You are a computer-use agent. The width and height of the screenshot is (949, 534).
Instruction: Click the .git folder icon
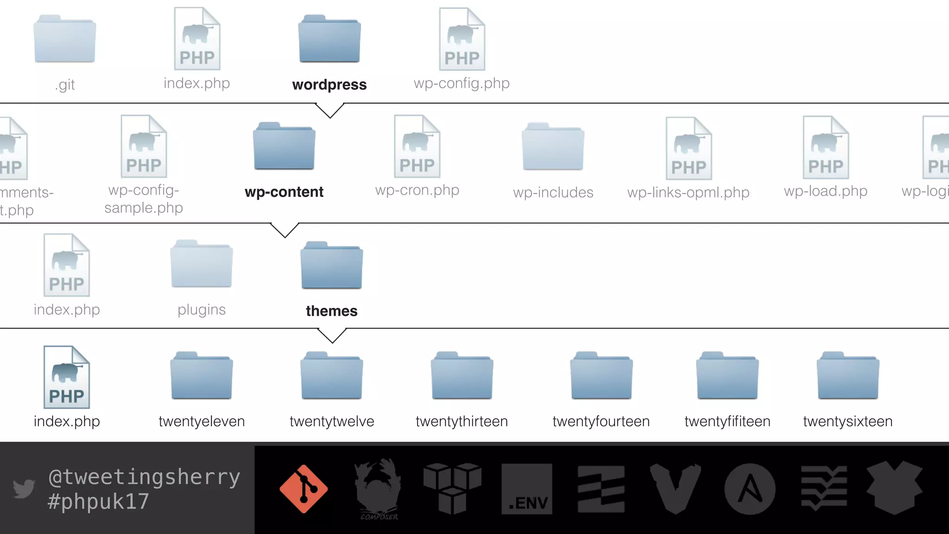(65, 39)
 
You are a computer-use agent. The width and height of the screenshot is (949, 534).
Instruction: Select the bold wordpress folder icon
(329, 39)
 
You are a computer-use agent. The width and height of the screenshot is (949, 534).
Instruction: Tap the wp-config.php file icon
(462, 40)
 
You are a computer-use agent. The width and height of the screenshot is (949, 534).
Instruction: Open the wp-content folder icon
(284, 146)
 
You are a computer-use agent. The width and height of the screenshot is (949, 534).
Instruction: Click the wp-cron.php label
(417, 190)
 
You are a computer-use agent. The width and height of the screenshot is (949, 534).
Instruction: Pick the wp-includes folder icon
(553, 147)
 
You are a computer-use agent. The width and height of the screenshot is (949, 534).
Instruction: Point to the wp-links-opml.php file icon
(689, 148)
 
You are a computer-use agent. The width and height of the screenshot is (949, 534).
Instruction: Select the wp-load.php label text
(825, 191)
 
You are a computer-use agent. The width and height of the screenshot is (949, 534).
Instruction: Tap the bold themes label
(332, 311)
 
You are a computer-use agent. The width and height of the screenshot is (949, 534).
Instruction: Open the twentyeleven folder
(202, 376)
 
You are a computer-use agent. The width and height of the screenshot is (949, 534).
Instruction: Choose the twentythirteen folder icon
(462, 376)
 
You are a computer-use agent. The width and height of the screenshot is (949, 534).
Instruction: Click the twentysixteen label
(848, 421)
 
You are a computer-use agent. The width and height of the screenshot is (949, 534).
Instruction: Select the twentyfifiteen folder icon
(727, 376)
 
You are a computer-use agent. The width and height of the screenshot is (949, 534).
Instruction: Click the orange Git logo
(304, 489)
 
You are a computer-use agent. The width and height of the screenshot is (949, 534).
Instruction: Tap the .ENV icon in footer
(527, 489)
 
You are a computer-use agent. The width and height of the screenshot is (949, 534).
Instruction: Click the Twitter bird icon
(24, 489)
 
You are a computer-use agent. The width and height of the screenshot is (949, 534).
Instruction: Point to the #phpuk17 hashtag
(98, 502)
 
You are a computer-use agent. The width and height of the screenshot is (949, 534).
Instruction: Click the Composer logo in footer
(378, 489)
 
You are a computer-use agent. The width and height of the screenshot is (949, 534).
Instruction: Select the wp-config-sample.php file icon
(144, 147)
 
